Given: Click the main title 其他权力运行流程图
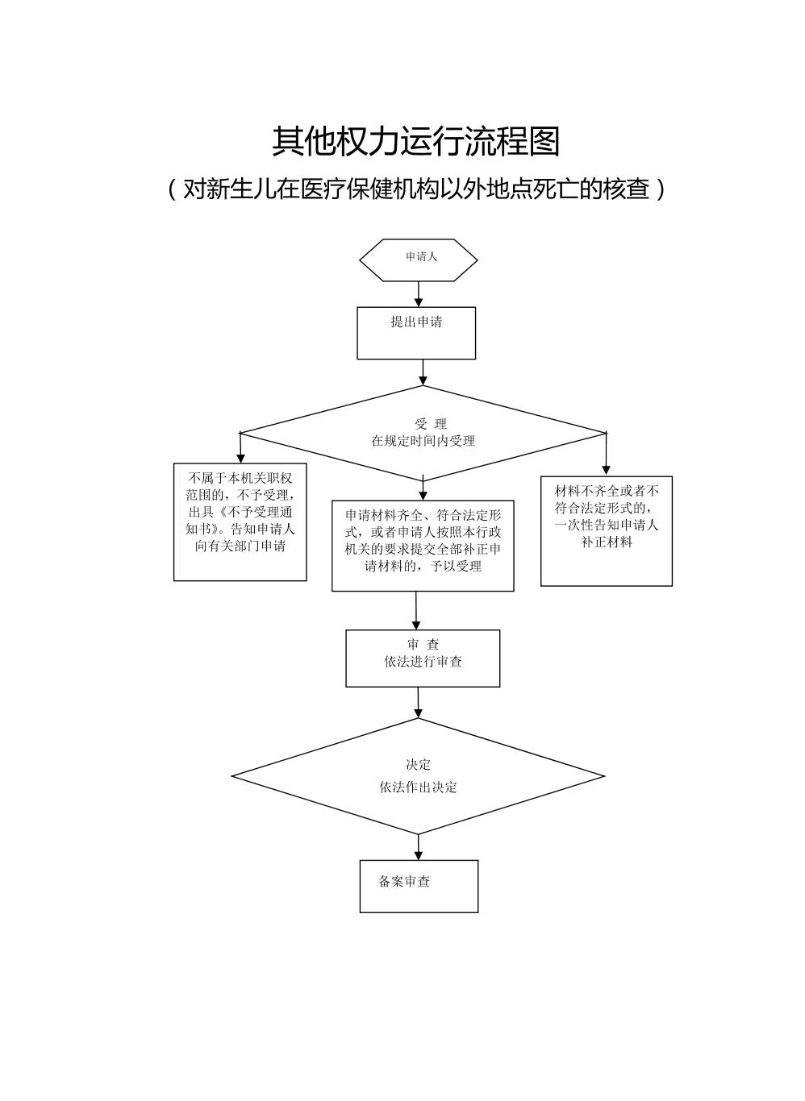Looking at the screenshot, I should coord(415,141).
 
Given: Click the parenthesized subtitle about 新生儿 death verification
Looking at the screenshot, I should coord(415,189).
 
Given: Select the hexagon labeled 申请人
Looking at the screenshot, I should coord(418,260).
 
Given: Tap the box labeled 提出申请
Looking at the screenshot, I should coord(416,332).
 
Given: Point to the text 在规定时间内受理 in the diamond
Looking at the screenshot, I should coord(423,441).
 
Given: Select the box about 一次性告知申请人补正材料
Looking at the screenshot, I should coord(606,530).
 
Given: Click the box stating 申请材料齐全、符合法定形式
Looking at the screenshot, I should coord(423,545).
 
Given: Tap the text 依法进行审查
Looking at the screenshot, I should coord(423,662).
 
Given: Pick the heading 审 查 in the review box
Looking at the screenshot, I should coord(423,645).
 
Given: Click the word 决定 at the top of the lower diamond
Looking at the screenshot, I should coord(418,764).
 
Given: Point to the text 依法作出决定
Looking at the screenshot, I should coord(418,787).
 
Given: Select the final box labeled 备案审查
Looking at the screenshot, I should coord(419,885).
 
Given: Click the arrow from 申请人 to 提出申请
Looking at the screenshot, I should coord(419,294).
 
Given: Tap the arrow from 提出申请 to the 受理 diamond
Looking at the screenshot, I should coord(423,372).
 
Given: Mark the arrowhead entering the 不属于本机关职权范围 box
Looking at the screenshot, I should coord(240,457).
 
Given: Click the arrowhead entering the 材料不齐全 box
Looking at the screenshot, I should coord(606,469).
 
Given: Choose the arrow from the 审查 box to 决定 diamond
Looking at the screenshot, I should coord(418,703).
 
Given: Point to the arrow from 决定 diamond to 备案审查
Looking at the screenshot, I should coord(419,847).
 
